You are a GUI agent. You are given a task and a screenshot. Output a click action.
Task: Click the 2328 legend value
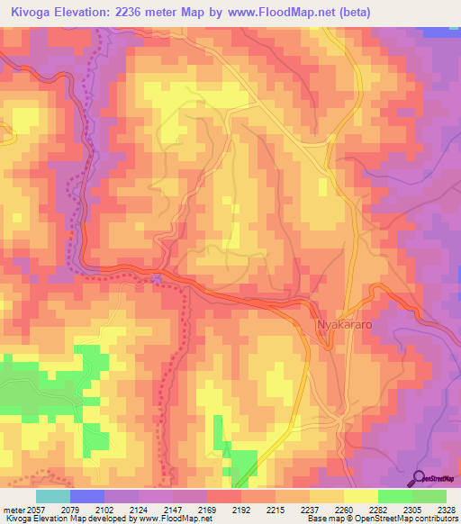pyautogui.click(x=445, y=510)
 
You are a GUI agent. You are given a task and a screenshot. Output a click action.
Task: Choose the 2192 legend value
pyautogui.click(x=240, y=510)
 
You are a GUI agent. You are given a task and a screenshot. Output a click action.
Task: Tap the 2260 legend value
pyautogui.click(x=344, y=510)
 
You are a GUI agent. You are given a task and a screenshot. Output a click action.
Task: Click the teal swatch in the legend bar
pyautogui.click(x=53, y=496)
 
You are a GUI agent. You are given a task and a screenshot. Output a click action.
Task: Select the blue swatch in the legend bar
pyautogui.click(x=87, y=496)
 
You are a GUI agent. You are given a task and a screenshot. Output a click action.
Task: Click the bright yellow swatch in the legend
pyautogui.click(x=360, y=496)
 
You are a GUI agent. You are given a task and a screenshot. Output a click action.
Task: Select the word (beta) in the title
pyautogui.click(x=351, y=12)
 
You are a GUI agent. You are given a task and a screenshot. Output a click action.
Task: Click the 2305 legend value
pyautogui.click(x=411, y=510)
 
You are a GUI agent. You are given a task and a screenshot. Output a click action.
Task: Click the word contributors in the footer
pyautogui.click(x=437, y=519)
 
